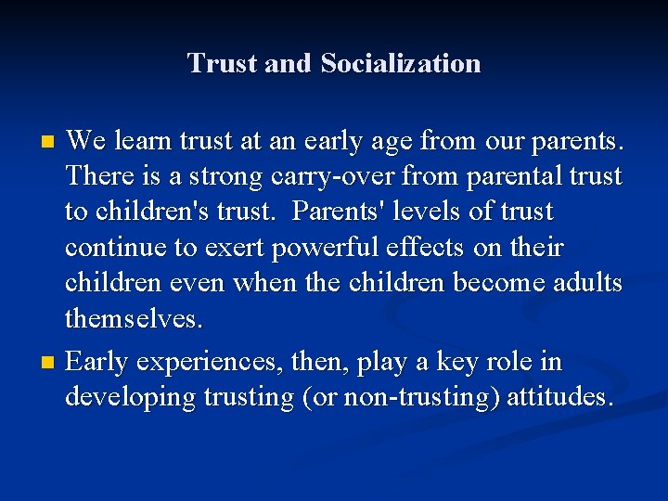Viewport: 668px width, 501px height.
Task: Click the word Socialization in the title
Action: pos(401,63)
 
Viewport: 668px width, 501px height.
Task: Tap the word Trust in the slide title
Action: pos(222,63)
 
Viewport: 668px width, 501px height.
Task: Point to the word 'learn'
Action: pos(151,141)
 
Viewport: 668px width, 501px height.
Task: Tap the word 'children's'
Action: pos(153,212)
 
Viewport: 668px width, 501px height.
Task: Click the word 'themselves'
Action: pos(132,320)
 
